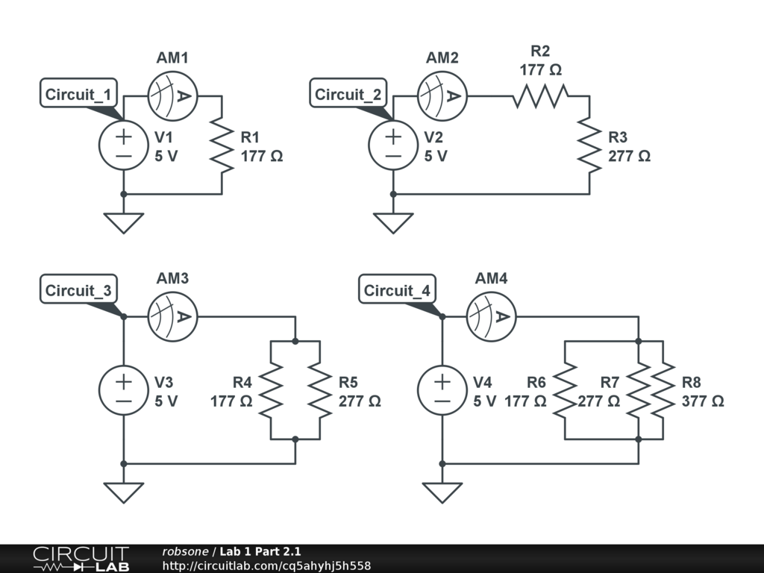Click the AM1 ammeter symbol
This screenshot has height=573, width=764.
[x=172, y=96]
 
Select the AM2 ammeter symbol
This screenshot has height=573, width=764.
[x=442, y=96]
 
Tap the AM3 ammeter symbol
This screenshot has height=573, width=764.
[x=172, y=316]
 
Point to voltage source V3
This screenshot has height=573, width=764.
[x=124, y=389]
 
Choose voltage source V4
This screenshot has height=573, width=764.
[x=442, y=389]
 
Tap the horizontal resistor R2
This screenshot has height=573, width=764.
[x=540, y=96]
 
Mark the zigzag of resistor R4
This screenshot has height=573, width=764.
[x=271, y=389]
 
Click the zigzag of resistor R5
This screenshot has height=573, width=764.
[x=320, y=389]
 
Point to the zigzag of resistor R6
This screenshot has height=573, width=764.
[x=565, y=389]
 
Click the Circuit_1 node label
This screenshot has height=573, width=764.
[x=78, y=95]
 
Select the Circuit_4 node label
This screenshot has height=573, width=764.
[x=397, y=291]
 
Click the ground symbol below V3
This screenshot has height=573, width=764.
[x=124, y=492]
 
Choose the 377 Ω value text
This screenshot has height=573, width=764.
[x=702, y=401]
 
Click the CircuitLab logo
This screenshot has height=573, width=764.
[x=81, y=559]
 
